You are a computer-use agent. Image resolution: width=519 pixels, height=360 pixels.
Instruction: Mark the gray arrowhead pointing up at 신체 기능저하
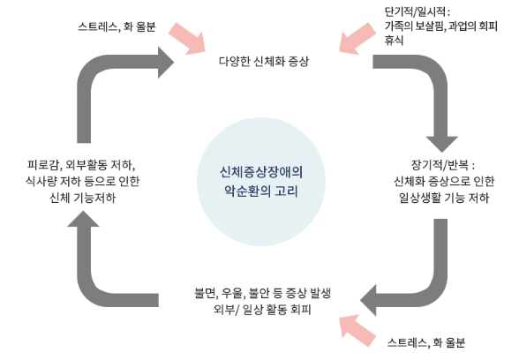click(86, 229)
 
